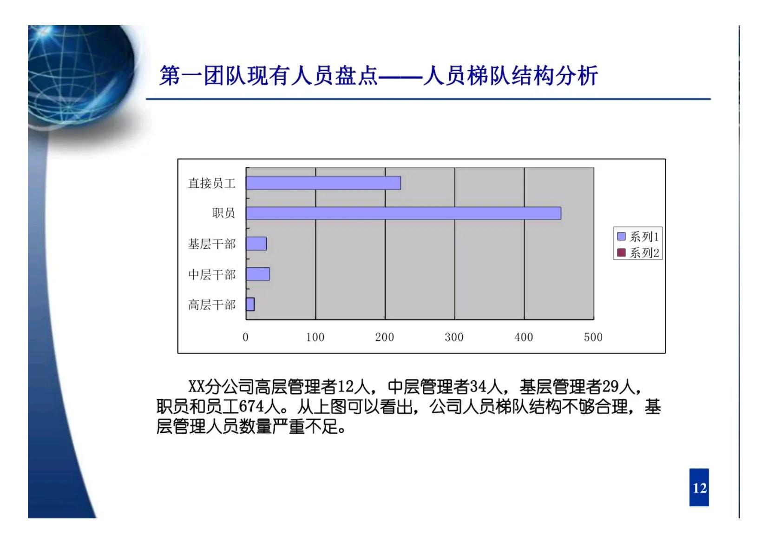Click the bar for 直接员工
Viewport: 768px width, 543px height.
[323, 183]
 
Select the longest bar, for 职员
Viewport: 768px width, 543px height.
[403, 213]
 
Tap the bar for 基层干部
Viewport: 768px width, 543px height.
[256, 244]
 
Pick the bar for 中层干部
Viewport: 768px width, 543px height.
[258, 274]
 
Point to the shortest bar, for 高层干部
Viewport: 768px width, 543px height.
[250, 304]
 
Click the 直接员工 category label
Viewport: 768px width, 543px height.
[211, 183]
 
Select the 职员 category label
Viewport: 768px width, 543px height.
[223, 213]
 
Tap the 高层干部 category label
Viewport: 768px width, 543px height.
[211, 305]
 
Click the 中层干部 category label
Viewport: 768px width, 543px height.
[211, 275]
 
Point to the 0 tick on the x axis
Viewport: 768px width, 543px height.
[245, 338]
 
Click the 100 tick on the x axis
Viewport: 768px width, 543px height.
[315, 338]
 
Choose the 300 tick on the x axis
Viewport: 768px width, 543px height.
[454, 338]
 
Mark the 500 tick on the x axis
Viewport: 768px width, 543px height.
[593, 338]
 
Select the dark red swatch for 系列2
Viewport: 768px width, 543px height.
[621, 253]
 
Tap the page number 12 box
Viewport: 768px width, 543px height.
[699, 488]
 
